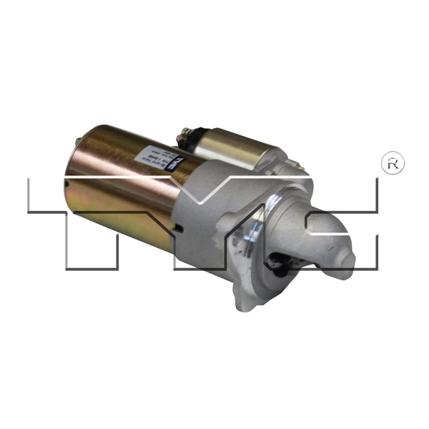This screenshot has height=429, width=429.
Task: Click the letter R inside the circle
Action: pyautogui.click(x=394, y=164)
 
